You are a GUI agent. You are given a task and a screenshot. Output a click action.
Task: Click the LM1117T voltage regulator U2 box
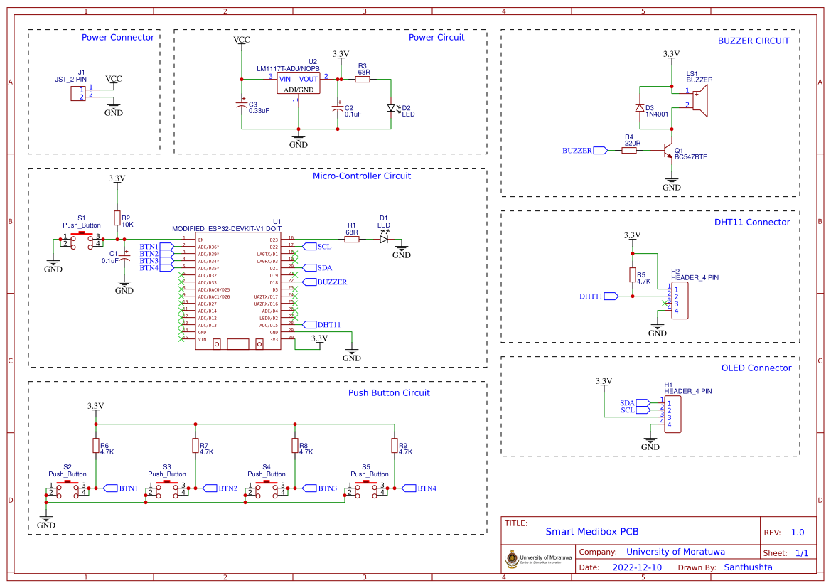pos(299,83)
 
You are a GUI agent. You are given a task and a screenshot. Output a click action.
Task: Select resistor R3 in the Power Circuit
pos(363,80)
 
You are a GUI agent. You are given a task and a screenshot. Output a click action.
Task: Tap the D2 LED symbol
pos(390,108)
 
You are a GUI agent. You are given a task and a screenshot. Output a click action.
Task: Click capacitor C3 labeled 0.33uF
pos(242,105)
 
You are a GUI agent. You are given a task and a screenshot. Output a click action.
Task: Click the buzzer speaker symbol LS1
pos(699,100)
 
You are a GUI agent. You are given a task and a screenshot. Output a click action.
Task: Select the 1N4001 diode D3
pos(640,108)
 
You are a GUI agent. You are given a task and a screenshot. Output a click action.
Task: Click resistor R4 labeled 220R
pos(628,151)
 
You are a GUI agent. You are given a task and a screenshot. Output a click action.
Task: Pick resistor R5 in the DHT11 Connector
pos(632,276)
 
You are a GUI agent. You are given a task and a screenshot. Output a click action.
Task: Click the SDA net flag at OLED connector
pos(642,402)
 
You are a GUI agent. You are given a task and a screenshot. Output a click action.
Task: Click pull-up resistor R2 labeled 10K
pos(117,218)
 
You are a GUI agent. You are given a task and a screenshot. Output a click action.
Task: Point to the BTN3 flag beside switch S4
pos(310,488)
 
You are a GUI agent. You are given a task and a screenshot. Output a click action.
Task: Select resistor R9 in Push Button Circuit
pos(395,445)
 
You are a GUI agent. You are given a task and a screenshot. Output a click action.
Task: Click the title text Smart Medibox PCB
pos(591,531)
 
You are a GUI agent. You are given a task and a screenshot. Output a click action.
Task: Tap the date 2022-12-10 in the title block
pos(636,567)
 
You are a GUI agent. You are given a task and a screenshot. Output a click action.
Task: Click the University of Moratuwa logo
pos(513,559)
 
